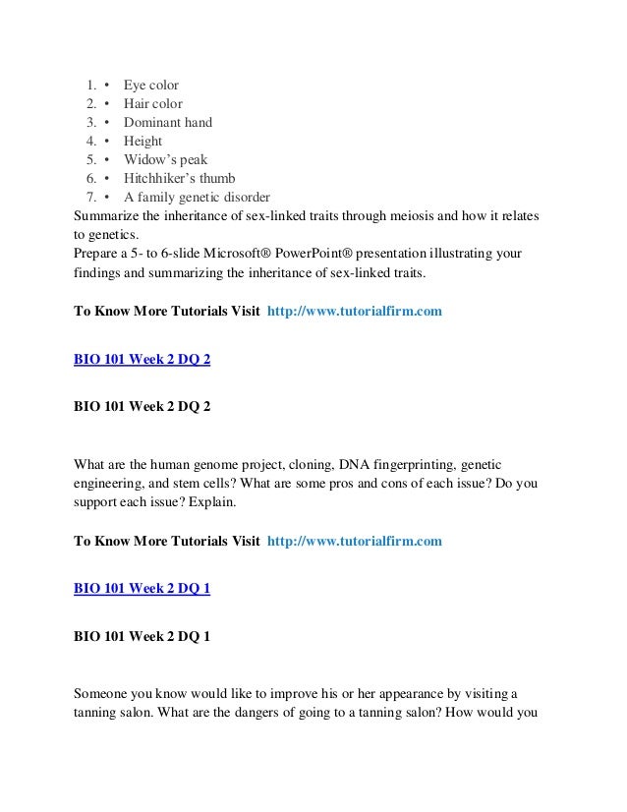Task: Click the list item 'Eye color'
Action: (150, 86)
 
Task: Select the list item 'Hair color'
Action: (152, 104)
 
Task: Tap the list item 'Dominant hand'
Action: (167, 123)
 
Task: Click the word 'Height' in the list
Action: (142, 142)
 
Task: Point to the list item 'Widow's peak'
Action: (165, 159)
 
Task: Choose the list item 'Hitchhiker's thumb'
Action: (181, 178)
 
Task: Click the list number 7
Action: (88, 197)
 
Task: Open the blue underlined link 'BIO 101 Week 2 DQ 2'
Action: (142, 360)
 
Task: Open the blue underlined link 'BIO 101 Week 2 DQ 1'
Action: (142, 589)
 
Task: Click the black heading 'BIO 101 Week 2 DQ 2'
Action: (142, 405)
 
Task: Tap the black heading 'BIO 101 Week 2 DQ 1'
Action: (142, 635)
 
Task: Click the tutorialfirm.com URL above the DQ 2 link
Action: (354, 312)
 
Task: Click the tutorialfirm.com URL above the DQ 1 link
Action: (354, 542)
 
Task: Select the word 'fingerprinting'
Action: (407, 463)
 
